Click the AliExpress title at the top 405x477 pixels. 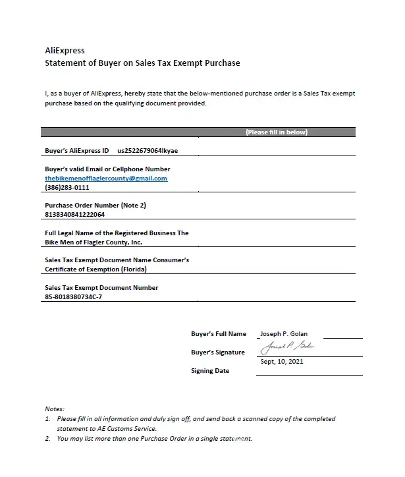[x=65, y=50]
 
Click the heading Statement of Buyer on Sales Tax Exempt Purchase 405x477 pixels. [x=142, y=63]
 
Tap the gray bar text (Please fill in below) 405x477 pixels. [x=277, y=132]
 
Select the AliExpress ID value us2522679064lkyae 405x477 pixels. [x=148, y=151]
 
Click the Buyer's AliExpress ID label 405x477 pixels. [x=77, y=151]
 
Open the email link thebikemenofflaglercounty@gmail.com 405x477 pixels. [x=106, y=179]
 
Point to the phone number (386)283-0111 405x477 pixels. [x=67, y=188]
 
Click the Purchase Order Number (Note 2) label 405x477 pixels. [x=95, y=206]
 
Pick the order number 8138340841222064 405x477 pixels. [x=74, y=215]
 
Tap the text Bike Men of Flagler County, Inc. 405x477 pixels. [x=94, y=242]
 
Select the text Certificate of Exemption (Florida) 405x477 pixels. [x=96, y=269]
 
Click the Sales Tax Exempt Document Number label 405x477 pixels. [x=101, y=288]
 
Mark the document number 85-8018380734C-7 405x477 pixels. [x=74, y=297]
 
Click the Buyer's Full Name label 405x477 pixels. [x=219, y=334]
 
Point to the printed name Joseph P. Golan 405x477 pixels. [x=284, y=334]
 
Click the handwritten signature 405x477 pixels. [x=288, y=347]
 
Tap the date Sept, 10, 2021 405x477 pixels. [x=282, y=362]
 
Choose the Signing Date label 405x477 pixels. [x=210, y=371]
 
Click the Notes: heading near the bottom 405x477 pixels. [x=55, y=409]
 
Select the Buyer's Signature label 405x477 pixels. [x=218, y=352]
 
